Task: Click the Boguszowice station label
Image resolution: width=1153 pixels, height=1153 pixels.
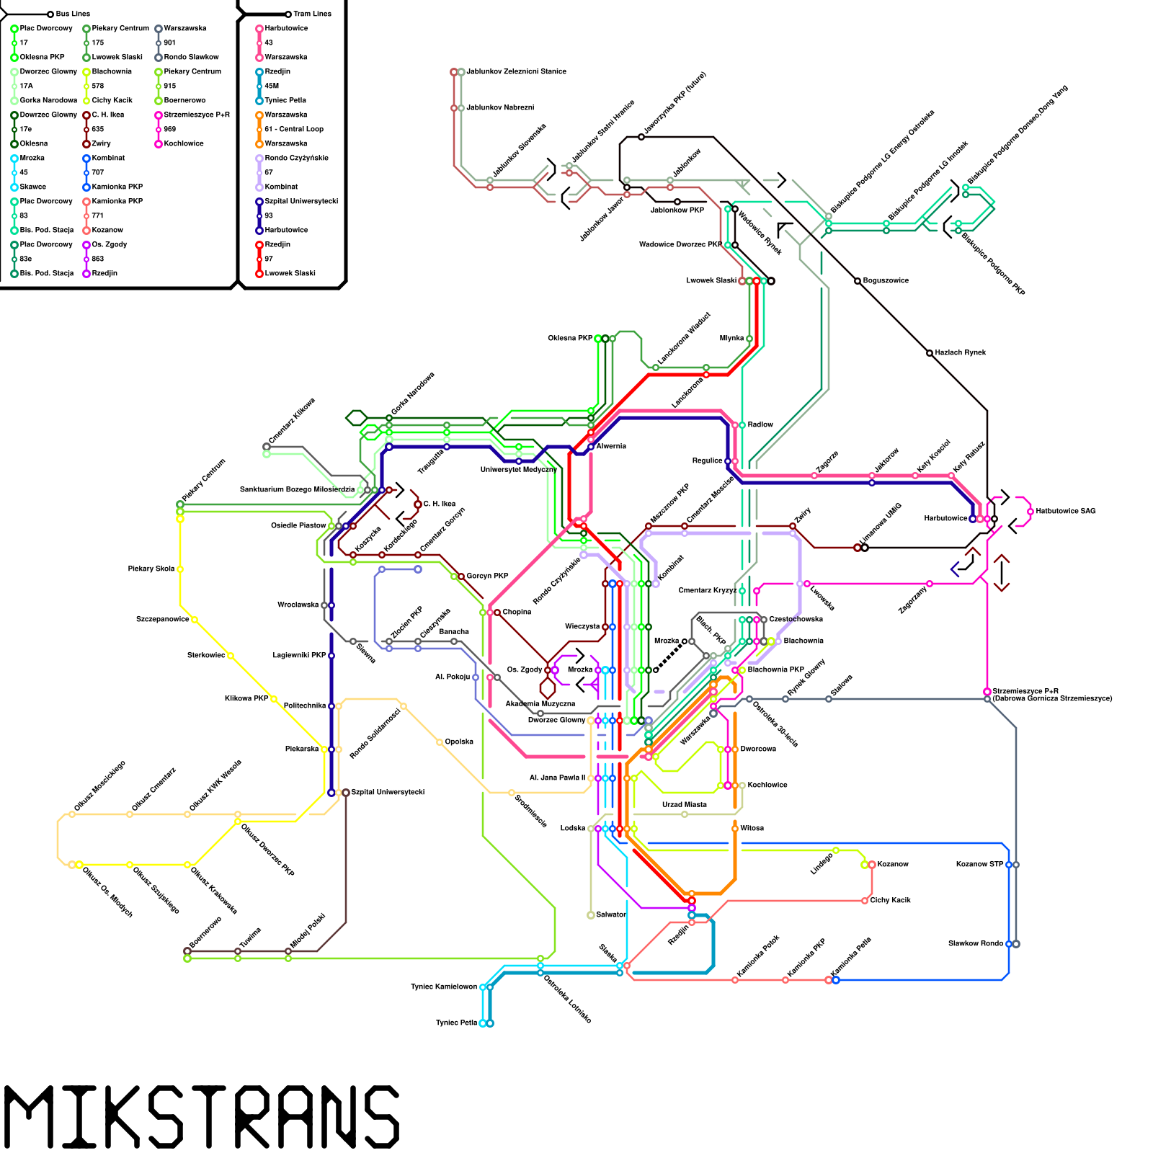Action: pos(886,280)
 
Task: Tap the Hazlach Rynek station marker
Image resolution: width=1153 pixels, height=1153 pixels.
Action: pos(930,353)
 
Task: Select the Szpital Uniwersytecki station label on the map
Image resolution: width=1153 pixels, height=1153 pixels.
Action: pos(388,792)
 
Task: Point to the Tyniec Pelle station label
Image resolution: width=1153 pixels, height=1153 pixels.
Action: pos(456,1023)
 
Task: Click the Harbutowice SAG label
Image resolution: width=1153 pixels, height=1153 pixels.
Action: pos(1066,511)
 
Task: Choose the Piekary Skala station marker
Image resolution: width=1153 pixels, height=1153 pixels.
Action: pos(180,569)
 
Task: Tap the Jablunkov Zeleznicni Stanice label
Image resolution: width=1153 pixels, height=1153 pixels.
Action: pos(516,71)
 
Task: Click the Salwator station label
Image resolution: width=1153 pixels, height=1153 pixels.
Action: pos(611,914)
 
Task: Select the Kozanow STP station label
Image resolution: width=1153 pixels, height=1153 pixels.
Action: pos(979,864)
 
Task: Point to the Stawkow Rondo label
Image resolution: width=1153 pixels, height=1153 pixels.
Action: pos(975,943)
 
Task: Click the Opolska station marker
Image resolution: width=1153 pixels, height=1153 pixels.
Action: pos(440,742)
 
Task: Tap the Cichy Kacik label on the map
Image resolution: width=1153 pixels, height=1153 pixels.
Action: pos(890,900)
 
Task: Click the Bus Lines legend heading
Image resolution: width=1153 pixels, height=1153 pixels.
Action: pos(73,14)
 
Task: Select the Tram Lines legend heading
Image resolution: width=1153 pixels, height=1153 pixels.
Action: pos(312,14)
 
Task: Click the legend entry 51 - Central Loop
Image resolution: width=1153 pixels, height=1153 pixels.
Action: pos(294,129)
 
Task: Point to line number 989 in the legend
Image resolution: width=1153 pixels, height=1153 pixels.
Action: pos(169,129)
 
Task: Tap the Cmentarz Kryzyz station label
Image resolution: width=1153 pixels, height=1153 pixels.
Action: pos(707,590)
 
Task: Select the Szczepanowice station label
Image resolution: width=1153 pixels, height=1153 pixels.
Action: pos(162,619)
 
